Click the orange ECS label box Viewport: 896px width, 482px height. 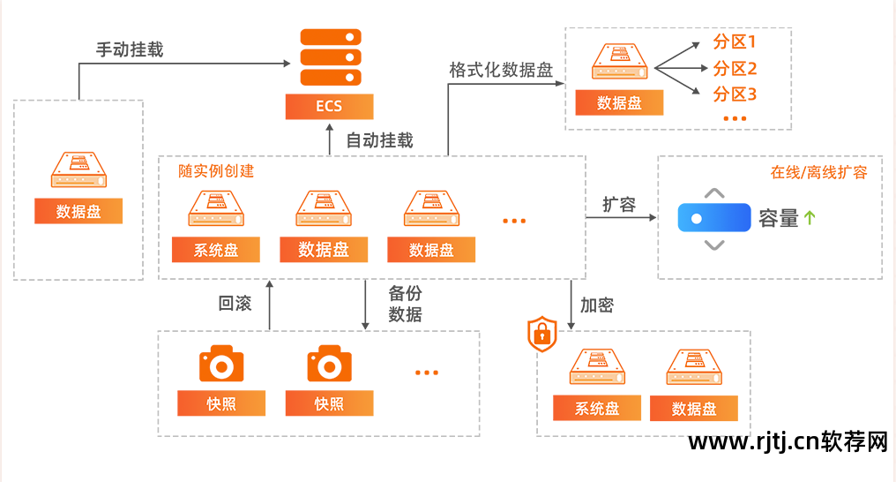pyautogui.click(x=329, y=107)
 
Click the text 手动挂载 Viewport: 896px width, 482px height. pyautogui.click(x=130, y=49)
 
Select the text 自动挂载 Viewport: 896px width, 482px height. pyautogui.click(x=379, y=139)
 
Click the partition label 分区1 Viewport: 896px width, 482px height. pyautogui.click(x=735, y=42)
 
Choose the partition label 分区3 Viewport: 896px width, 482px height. pyautogui.click(x=735, y=94)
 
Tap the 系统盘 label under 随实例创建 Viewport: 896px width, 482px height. pyautogui.click(x=216, y=250)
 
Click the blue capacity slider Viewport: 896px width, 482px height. pyautogui.click(x=714, y=218)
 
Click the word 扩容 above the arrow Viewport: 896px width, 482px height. pyautogui.click(x=619, y=205)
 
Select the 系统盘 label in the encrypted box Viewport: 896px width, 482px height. pyautogui.click(x=597, y=409)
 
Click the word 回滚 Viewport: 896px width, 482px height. pyautogui.click(x=235, y=304)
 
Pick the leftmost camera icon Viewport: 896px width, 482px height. pyautogui.click(x=221, y=364)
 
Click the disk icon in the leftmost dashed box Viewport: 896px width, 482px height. pyautogui.click(x=78, y=169)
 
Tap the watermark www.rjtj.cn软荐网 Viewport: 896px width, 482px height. pyautogui.click(x=788, y=441)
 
